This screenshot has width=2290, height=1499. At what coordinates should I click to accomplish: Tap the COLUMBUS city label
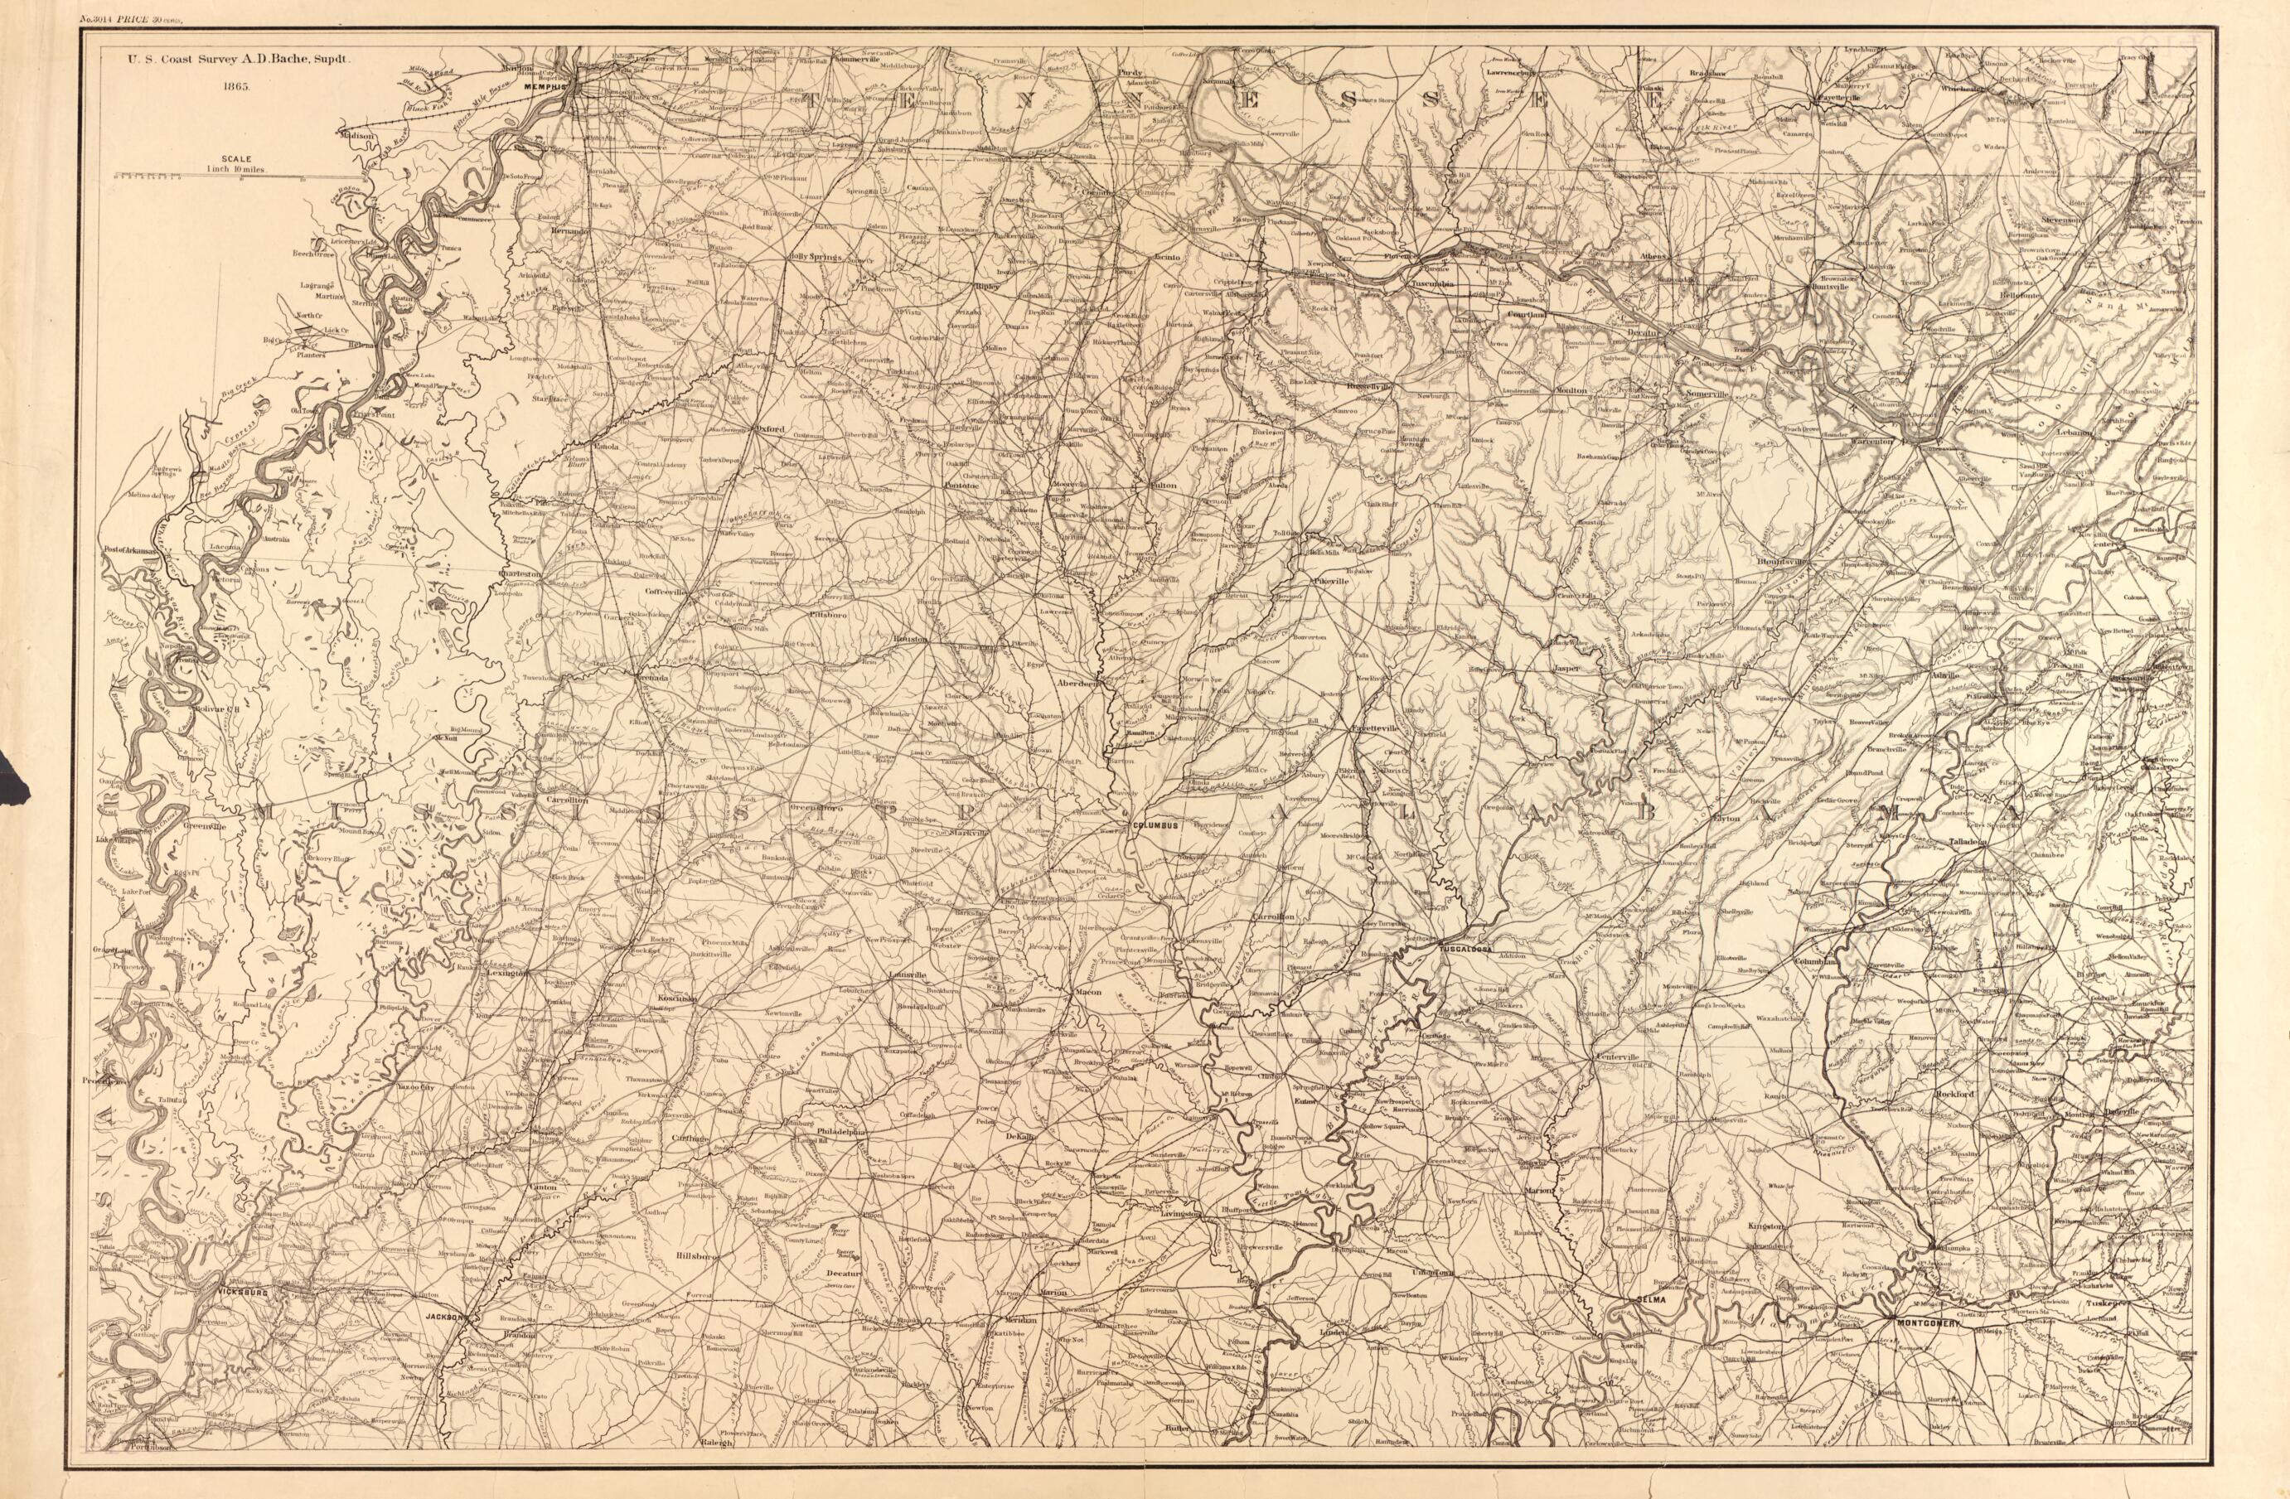click(1155, 826)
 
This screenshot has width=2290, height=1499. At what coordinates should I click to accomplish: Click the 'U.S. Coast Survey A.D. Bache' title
click(233, 58)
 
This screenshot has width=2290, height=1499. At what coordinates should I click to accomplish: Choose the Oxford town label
click(771, 429)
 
